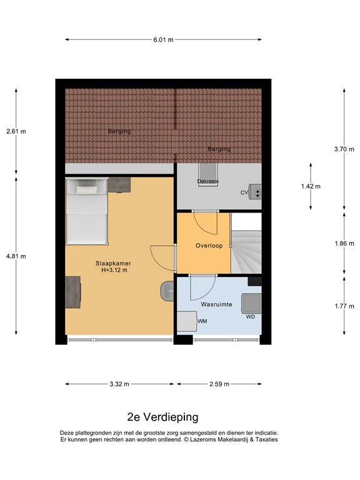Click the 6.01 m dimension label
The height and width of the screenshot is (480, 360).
coord(163,39)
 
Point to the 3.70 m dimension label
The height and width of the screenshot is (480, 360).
coord(344,149)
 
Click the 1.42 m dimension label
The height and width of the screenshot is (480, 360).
coord(310,186)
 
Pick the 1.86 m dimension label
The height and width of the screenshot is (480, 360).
coord(344,244)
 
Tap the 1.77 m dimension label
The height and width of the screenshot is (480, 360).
coord(344,306)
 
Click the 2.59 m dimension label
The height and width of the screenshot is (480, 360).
coord(219,384)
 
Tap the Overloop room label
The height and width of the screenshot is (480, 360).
coord(208,246)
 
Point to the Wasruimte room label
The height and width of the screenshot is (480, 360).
coord(216,304)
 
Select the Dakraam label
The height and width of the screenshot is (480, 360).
coord(207,182)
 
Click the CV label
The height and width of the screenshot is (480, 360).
coord(244,192)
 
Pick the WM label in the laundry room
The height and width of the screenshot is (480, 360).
coord(202,321)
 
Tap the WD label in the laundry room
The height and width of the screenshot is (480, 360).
coord(250,316)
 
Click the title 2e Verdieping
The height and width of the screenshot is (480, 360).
coord(163,417)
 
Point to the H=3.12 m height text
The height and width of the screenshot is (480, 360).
coord(114,271)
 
